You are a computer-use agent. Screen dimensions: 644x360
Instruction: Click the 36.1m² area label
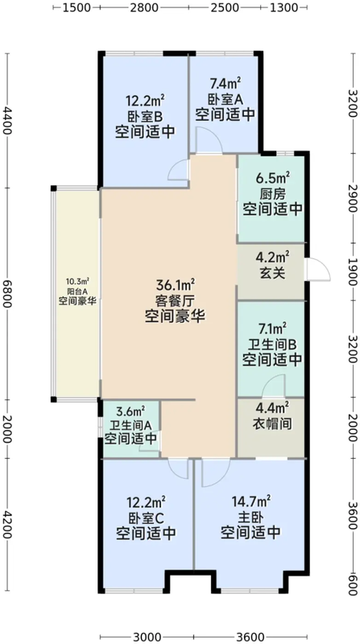175,285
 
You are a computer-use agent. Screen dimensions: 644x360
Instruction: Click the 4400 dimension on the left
9,125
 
